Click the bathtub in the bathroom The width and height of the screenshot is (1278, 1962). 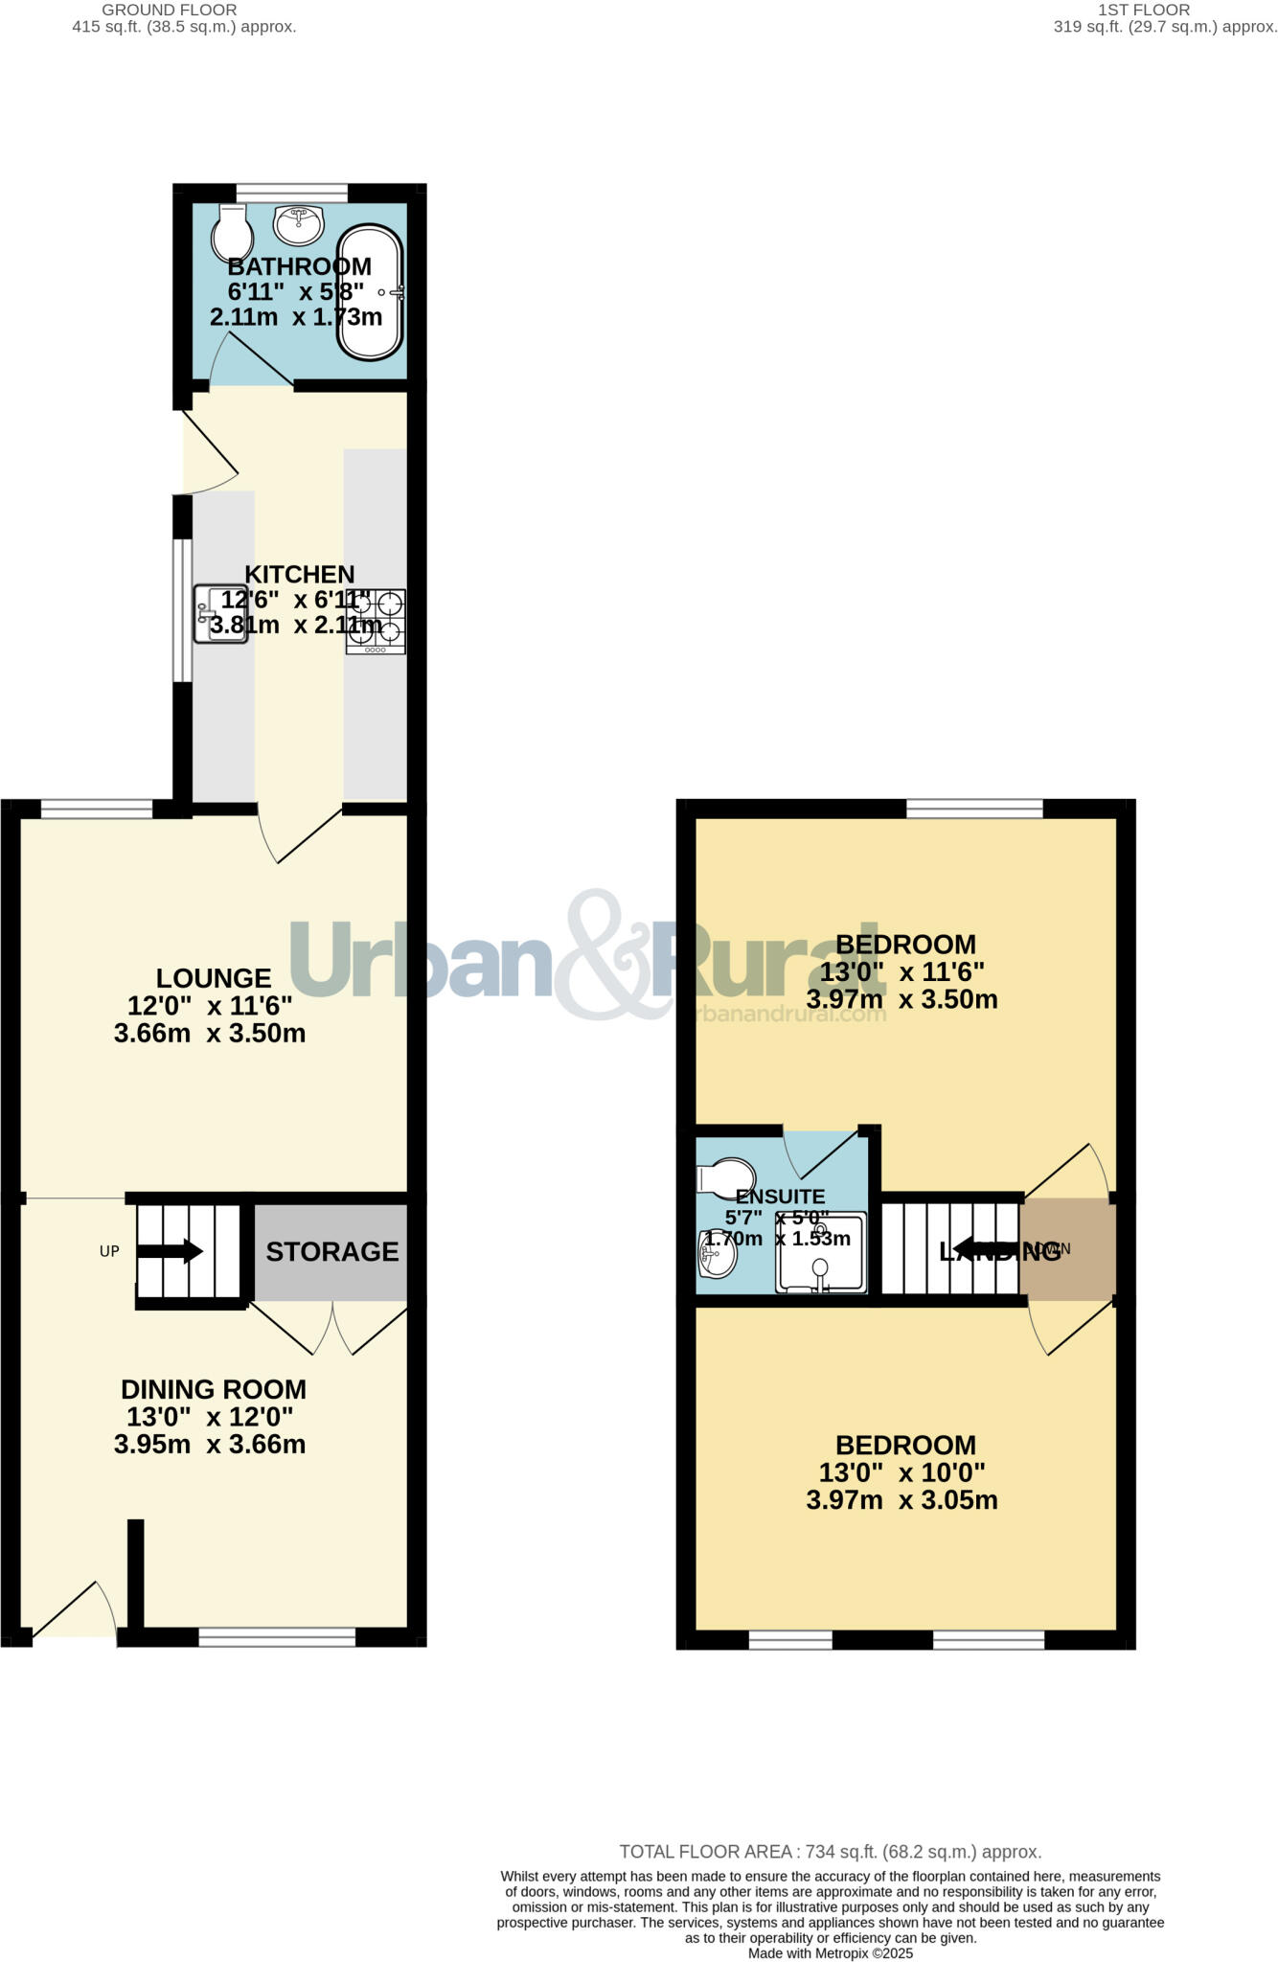pyautogui.click(x=370, y=292)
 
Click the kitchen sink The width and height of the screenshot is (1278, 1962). pyautogui.click(x=220, y=614)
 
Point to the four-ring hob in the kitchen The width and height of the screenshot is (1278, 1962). pyautogui.click(x=376, y=621)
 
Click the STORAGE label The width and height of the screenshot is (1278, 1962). pyautogui.click(x=331, y=1251)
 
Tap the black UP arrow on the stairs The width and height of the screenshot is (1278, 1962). pyautogui.click(x=171, y=1251)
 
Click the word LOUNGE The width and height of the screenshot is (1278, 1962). pyautogui.click(x=214, y=978)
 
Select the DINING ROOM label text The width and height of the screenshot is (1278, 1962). pyautogui.click(x=214, y=1389)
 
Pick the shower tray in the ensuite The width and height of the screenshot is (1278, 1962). pyautogui.click(x=821, y=1253)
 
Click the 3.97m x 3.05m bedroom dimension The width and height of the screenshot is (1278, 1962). pyautogui.click(x=901, y=1500)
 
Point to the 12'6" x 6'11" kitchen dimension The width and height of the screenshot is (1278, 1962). pyautogui.click(x=295, y=601)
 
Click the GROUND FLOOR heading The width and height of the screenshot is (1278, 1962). pyautogui.click(x=170, y=10)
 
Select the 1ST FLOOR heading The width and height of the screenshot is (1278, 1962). pyautogui.click(x=1144, y=10)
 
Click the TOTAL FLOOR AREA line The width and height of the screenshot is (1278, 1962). pyautogui.click(x=830, y=1852)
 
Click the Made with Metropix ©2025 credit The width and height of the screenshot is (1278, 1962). pyautogui.click(x=830, y=1952)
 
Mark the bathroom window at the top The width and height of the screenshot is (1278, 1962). pyautogui.click(x=292, y=193)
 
